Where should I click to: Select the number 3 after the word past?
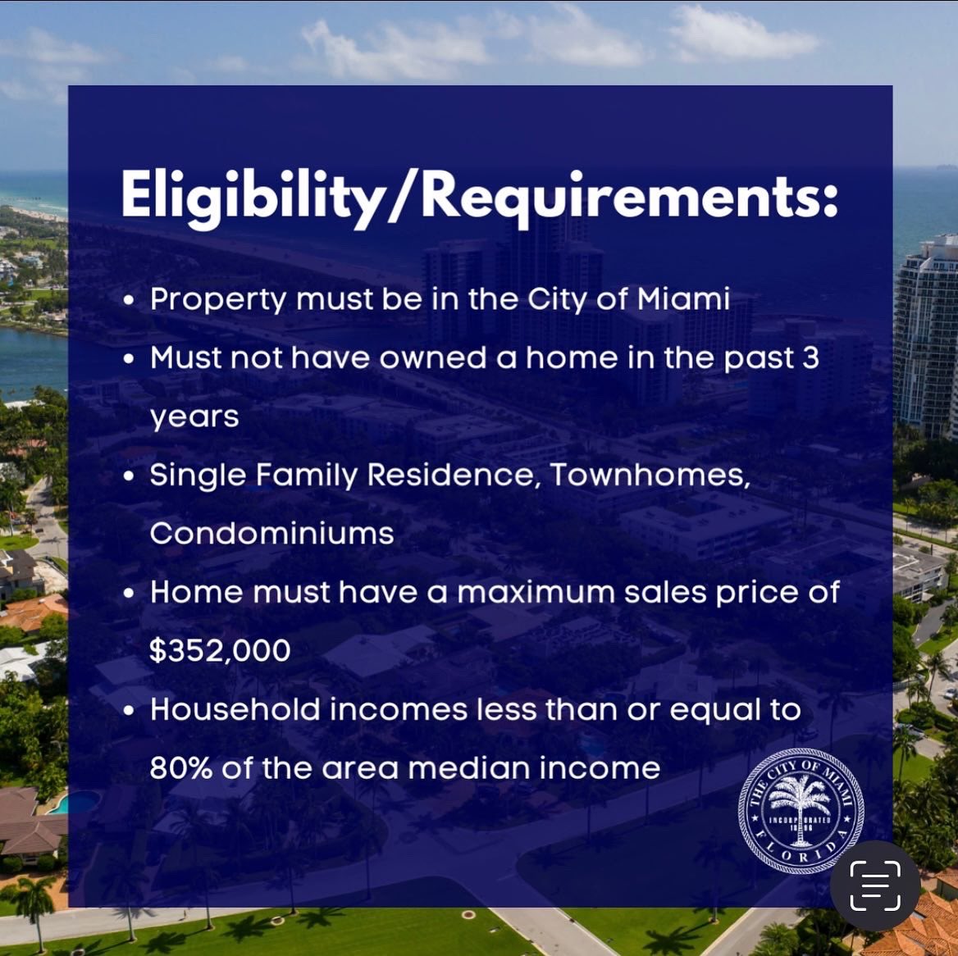click(x=810, y=357)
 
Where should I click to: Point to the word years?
click(x=194, y=417)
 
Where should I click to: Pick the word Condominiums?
click(x=271, y=534)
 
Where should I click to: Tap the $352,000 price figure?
click(x=220, y=650)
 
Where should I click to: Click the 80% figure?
click(x=180, y=768)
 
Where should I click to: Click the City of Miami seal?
click(x=801, y=810)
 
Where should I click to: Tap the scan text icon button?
click(x=874, y=885)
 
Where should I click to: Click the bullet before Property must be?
click(x=129, y=301)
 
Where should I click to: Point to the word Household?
click(x=235, y=709)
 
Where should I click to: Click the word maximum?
click(x=536, y=592)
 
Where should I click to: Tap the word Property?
click(x=218, y=299)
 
